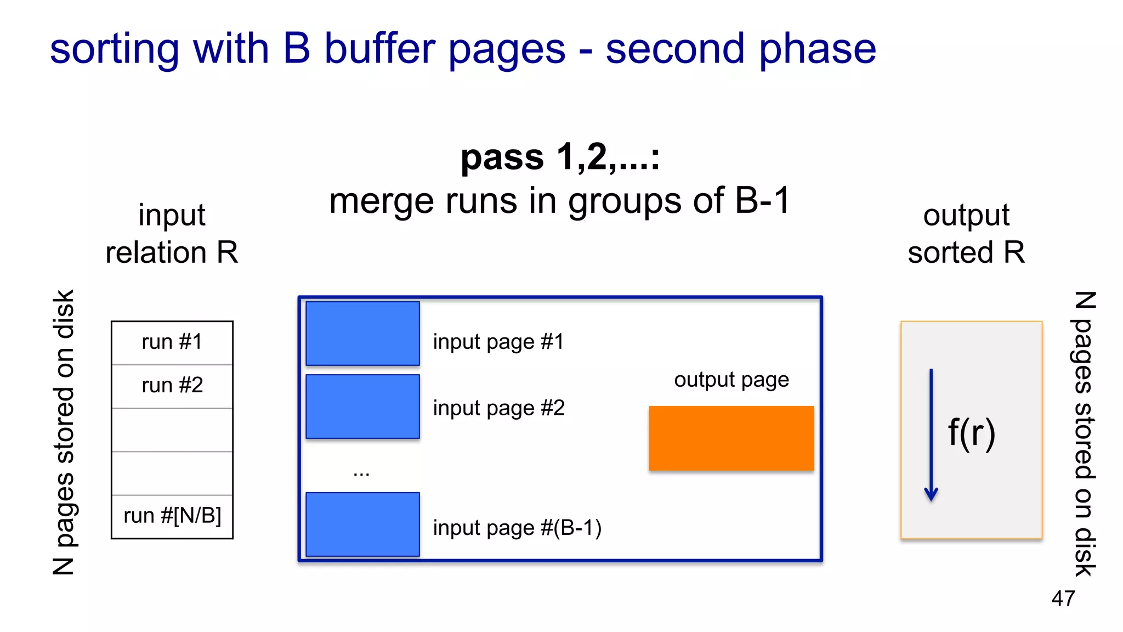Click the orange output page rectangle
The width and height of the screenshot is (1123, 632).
[x=731, y=438]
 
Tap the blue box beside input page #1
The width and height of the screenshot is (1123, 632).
[x=362, y=334]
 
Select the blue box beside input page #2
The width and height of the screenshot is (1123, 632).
[x=362, y=407]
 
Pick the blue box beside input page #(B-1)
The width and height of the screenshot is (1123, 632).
[x=362, y=524]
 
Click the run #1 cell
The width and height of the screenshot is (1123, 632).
[x=172, y=342]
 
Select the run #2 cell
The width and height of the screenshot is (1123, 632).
[x=172, y=386]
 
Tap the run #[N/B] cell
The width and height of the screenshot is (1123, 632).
[x=172, y=516]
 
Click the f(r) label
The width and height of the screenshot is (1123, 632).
[x=972, y=433]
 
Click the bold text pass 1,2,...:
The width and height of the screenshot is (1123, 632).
[x=560, y=157]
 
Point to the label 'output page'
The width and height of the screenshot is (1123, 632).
[x=731, y=380]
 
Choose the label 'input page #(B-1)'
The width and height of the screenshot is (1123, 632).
[x=517, y=528]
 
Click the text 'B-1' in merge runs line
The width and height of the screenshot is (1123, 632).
[x=762, y=201]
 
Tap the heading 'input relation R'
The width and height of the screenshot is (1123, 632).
[x=172, y=233]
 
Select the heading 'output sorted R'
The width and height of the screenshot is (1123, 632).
[x=966, y=233]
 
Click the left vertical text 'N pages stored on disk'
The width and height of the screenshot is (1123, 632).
[x=64, y=432]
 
